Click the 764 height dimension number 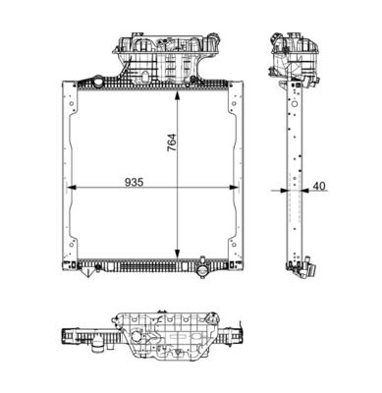click(172, 142)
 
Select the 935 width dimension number click(135, 182)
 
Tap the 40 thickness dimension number click(319, 186)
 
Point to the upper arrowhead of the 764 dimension click(177, 96)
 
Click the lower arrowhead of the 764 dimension click(177, 253)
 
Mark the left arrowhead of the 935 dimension click(72, 188)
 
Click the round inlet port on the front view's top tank click(98, 82)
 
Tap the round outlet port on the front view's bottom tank click(203, 270)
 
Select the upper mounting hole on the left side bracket click(71, 104)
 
